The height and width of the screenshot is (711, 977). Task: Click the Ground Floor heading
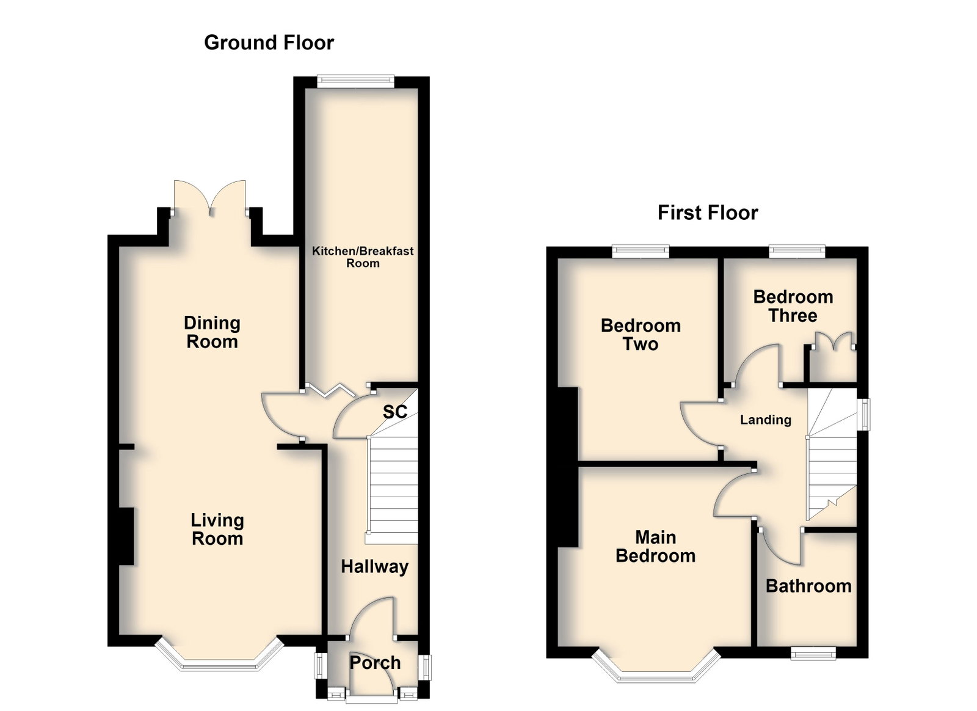[269, 43]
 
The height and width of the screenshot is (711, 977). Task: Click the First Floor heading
[708, 213]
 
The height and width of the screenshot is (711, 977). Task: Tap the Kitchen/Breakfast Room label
[363, 257]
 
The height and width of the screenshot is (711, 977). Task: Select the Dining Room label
[212, 332]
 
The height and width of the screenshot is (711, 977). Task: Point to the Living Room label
[217, 529]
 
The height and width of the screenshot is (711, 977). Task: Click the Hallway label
[375, 567]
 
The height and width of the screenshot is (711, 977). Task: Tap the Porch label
[375, 663]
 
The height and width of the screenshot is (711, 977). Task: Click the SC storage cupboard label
[394, 411]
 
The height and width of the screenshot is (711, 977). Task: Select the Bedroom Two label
[641, 335]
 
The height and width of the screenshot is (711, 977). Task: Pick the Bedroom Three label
[793, 306]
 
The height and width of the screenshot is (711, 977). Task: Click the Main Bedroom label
[655, 547]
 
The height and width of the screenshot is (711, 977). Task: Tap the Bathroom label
[808, 586]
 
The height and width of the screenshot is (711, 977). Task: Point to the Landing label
[766, 420]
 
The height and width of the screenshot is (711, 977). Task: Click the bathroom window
[813, 653]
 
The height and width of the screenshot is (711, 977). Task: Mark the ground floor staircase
[393, 475]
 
